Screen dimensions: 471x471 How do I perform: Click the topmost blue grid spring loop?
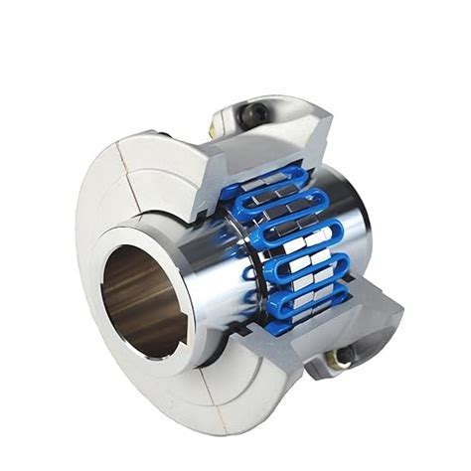click(x=260, y=178)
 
